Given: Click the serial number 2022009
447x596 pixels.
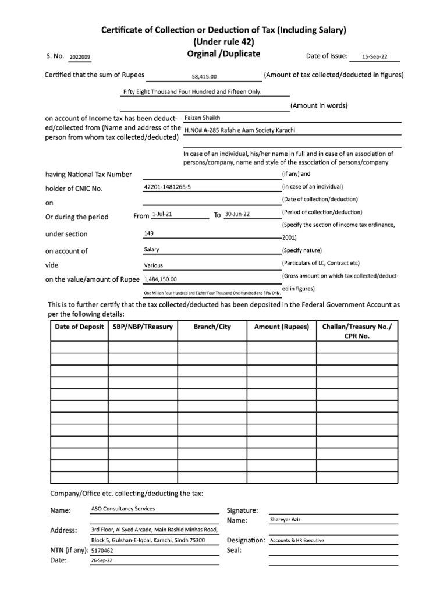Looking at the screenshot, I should pos(80,58).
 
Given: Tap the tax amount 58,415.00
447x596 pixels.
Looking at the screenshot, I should pos(204,76).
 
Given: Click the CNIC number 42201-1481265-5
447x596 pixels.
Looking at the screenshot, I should pos(167,187).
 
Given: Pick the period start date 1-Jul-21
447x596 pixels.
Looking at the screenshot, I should pos(161,214).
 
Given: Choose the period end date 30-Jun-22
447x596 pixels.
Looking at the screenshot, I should pos(237,214).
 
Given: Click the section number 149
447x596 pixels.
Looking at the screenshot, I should pos(148,233).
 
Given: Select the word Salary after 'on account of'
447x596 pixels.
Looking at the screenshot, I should pos(151,250).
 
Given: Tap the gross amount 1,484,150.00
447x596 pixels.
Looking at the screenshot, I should pos(160,279).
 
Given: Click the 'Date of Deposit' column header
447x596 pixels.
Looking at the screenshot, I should pos(79,327).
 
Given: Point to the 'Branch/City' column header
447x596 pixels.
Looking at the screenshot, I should pos(212,327).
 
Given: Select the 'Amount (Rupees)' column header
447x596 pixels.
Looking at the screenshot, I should pos(282,327).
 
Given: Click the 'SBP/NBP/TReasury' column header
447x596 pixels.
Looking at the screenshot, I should pos(143,327).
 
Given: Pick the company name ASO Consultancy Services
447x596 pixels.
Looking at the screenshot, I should pos(123,509).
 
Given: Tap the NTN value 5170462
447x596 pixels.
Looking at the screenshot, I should pos(102,550).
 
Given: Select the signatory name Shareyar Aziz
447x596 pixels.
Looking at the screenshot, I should pos(285,519).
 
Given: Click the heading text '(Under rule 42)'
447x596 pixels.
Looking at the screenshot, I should pos(223,42).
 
